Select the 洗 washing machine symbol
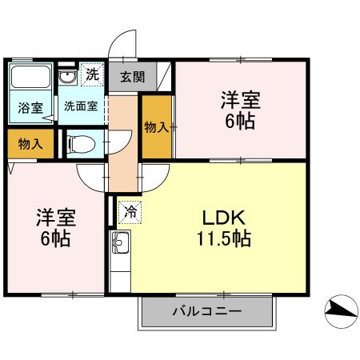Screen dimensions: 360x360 pyautogui.click(x=93, y=76)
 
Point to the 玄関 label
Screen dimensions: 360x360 pyautogui.click(x=133, y=78)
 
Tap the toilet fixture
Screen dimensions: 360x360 pyautogui.click(x=81, y=144)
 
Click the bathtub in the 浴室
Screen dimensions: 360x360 pyautogui.click(x=30, y=79)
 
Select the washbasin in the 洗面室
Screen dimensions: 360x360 pyautogui.click(x=68, y=78)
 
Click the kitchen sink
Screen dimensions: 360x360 pyautogui.click(x=120, y=242)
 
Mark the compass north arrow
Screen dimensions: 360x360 pyautogui.click(x=340, y=310)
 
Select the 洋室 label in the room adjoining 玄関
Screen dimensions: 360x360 pyautogui.click(x=240, y=102)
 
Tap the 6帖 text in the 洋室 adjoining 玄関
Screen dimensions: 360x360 pyautogui.click(x=240, y=122)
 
